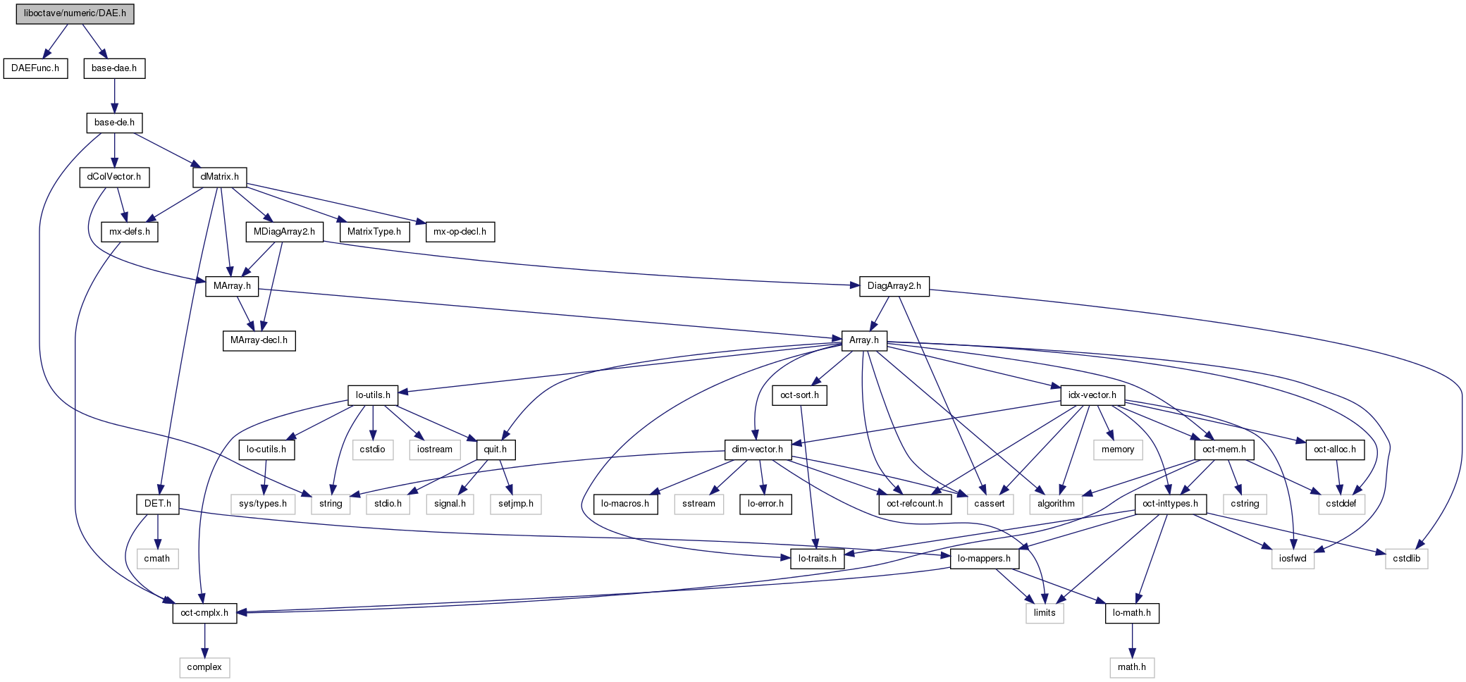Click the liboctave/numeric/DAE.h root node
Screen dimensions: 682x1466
[x=75, y=13]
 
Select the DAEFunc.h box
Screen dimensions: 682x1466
[x=35, y=68]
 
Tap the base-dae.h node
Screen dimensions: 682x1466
[x=114, y=68]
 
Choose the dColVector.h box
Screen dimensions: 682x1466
[x=114, y=177]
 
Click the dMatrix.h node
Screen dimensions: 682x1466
[x=220, y=177]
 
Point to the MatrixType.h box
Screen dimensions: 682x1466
[x=374, y=232]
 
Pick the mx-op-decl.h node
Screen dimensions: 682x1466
[x=460, y=232]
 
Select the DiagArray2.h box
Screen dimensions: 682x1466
[x=894, y=286]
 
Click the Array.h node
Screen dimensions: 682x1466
[x=864, y=340]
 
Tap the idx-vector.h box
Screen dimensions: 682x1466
[x=1092, y=395]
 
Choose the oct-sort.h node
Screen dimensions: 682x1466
[x=799, y=395]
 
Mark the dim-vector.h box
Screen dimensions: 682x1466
[x=758, y=449]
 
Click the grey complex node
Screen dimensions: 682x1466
[x=204, y=667]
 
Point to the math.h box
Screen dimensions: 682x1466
[x=1132, y=667]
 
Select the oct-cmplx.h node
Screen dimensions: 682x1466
[x=204, y=613]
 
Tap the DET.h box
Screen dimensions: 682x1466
[x=158, y=504]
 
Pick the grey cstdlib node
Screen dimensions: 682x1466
[x=1407, y=559]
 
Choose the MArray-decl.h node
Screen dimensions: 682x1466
[x=259, y=340]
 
